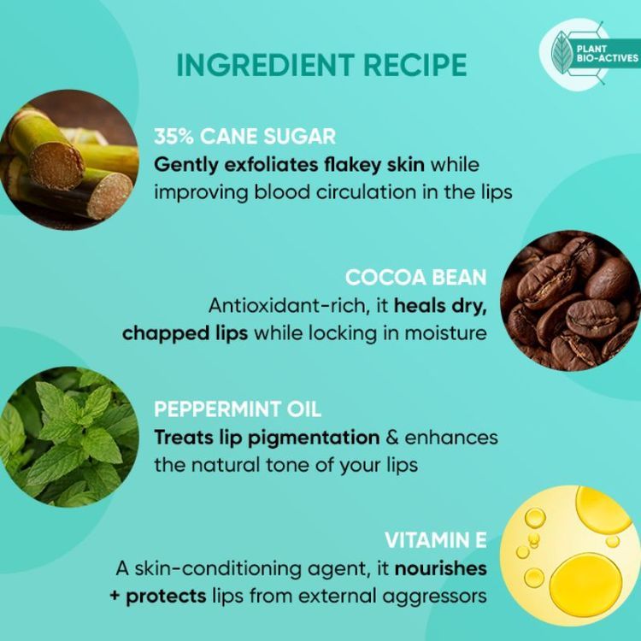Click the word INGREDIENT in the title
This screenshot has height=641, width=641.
pyautogui.click(x=265, y=65)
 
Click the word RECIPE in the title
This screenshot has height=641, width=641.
pyautogui.click(x=415, y=65)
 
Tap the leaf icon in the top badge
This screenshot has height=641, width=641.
pyautogui.click(x=562, y=53)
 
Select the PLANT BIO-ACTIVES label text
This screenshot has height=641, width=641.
pyautogui.click(x=607, y=54)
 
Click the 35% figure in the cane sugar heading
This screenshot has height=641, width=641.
pyautogui.click(x=173, y=136)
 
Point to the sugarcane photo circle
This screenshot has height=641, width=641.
pyautogui.click(x=68, y=160)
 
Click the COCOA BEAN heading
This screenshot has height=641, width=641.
pyautogui.click(x=415, y=278)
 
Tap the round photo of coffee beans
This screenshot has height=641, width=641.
pyautogui.click(x=570, y=301)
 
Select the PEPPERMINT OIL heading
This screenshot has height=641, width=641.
pyautogui.click(x=238, y=409)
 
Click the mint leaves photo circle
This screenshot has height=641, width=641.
pyautogui.click(x=68, y=437)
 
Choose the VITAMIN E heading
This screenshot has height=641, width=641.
pyautogui.click(x=436, y=540)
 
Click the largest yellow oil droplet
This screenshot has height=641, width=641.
pyautogui.click(x=585, y=585)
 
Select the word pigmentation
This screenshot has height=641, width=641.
pyautogui.click(x=314, y=438)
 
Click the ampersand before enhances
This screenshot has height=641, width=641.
pyautogui.click(x=392, y=438)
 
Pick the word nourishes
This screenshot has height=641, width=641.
pyautogui.click(x=441, y=568)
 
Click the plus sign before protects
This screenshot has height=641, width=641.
pyautogui.click(x=115, y=596)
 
